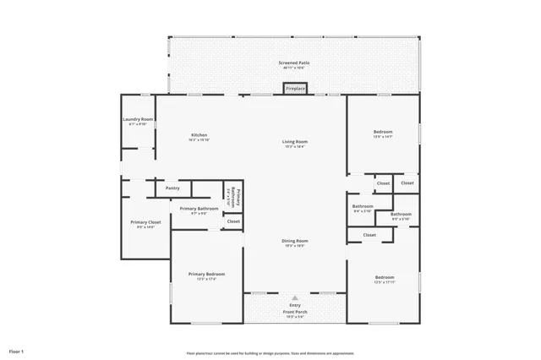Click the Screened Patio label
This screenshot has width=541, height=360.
(294, 63)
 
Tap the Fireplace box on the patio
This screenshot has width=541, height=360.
(295, 88)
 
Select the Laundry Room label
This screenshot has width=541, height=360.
(137, 119)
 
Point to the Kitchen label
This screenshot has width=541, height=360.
(199, 135)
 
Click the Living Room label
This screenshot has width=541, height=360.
(294, 141)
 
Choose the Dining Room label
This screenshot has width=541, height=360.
(294, 241)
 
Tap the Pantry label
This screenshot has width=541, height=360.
(172, 188)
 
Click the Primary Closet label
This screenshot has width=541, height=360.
(143, 223)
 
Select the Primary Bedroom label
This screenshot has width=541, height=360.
(206, 274)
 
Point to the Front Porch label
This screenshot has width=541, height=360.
(295, 312)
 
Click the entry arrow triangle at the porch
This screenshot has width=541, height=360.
(295, 297)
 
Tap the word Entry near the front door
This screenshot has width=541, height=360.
(295, 306)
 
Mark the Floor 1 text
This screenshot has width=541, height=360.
(16, 350)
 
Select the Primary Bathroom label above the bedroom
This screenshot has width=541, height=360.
(199, 208)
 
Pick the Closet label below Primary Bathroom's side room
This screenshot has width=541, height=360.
(233, 221)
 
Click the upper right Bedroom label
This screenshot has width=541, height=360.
(383, 133)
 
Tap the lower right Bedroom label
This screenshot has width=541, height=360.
(385, 276)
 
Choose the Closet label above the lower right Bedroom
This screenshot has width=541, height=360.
(369, 235)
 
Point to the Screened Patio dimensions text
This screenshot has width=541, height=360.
(294, 68)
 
